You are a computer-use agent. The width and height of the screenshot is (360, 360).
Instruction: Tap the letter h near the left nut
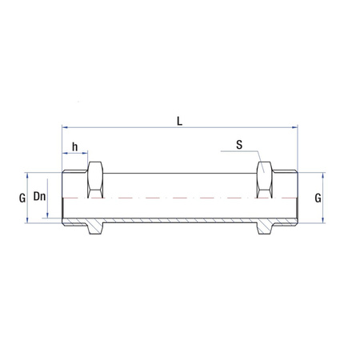point(74,146)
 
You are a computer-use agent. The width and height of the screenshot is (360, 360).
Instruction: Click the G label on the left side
point(23,196)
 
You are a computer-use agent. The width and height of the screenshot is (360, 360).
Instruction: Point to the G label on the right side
point(318,196)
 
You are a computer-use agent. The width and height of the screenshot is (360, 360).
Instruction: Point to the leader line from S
point(254,158)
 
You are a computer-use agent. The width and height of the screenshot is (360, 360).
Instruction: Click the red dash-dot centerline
point(180,197)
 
